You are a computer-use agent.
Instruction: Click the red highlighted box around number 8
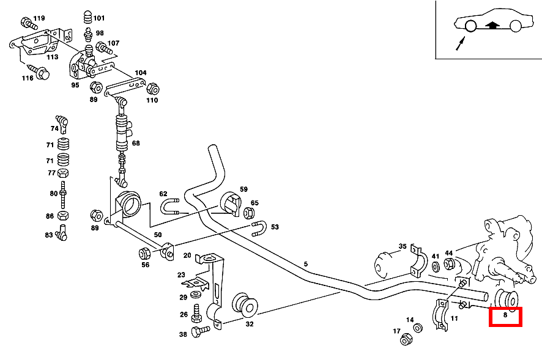tap(505, 317)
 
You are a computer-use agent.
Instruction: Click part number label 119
tap(39, 18)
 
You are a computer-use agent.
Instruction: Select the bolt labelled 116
tap(42, 74)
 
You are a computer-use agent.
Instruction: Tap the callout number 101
tap(98, 18)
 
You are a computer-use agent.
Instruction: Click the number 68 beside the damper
tap(135, 143)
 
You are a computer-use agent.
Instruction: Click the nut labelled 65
tap(249, 213)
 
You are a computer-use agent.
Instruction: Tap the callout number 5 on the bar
tap(305, 264)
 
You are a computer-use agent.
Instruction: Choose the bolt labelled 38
tap(199, 332)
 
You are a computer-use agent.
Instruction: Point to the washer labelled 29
tap(196, 295)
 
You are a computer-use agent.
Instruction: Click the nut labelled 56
tap(144, 253)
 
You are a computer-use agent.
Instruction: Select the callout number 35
tap(402, 246)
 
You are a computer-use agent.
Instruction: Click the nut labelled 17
tap(405, 339)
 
